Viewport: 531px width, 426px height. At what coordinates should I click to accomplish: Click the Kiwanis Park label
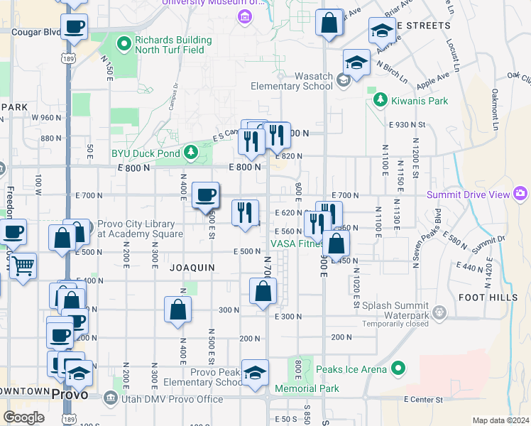point(418,101)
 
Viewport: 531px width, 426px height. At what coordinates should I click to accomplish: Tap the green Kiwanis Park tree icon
point(380,100)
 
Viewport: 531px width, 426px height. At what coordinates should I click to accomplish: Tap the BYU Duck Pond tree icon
point(190,152)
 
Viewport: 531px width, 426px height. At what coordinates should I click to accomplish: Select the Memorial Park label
point(307,388)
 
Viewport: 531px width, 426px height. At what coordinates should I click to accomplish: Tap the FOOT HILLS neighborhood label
point(488,297)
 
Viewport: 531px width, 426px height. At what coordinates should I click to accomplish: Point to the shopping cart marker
point(23,267)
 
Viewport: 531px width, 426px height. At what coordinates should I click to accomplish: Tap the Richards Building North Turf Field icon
point(125,44)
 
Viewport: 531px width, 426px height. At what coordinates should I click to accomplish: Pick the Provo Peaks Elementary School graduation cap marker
point(255,373)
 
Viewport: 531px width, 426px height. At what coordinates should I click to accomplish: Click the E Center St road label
point(422,400)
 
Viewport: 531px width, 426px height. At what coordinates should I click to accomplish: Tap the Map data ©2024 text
point(501,420)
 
